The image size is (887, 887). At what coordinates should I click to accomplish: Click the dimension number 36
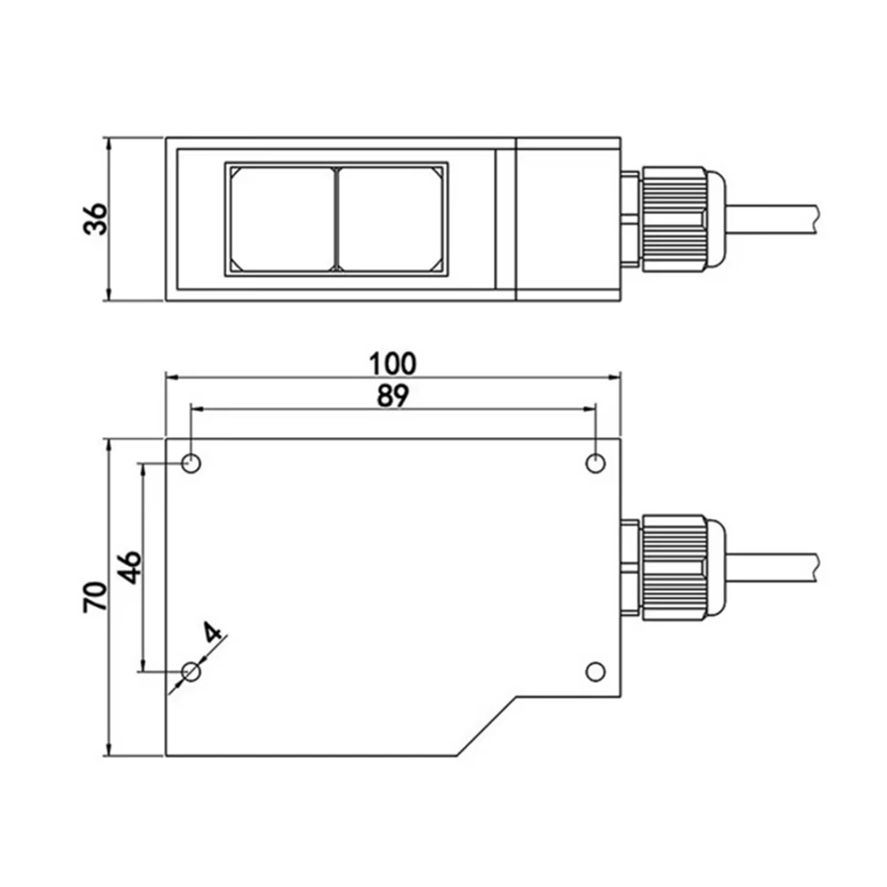(96, 219)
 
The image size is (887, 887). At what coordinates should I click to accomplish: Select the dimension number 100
(392, 363)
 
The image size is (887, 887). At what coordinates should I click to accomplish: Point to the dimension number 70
(96, 596)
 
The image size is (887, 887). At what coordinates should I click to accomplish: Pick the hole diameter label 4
(213, 633)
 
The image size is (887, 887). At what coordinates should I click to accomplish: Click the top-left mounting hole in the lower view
(191, 463)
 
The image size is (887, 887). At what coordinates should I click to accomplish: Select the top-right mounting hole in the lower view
(595, 463)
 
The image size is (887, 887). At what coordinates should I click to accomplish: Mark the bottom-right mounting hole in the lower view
(595, 671)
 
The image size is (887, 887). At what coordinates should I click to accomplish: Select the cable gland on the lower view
(675, 567)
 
